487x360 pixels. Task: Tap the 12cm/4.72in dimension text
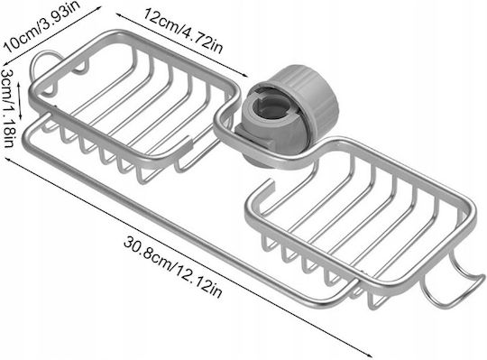click(182, 31)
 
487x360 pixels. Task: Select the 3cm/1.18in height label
click(7, 108)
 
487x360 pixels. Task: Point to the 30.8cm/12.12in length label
click(172, 267)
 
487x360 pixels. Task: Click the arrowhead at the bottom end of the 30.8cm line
click(369, 355)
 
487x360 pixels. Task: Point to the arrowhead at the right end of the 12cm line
click(244, 75)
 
